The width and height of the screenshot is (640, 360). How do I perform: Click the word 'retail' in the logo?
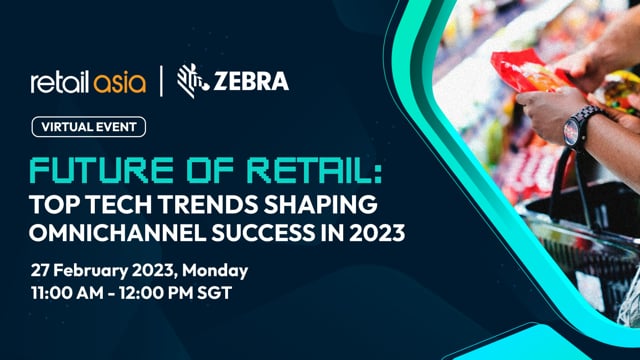coord(62,81)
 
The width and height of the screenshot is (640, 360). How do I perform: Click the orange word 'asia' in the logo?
coord(119,81)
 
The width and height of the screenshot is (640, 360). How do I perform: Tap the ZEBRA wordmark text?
coord(250,80)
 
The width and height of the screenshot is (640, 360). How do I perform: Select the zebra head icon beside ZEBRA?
coord(191,79)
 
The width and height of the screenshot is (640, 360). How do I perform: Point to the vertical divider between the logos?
coord(161,80)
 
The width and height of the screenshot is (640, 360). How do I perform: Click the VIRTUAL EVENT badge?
coord(88,127)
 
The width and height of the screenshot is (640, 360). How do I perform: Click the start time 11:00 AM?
coord(65,295)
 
